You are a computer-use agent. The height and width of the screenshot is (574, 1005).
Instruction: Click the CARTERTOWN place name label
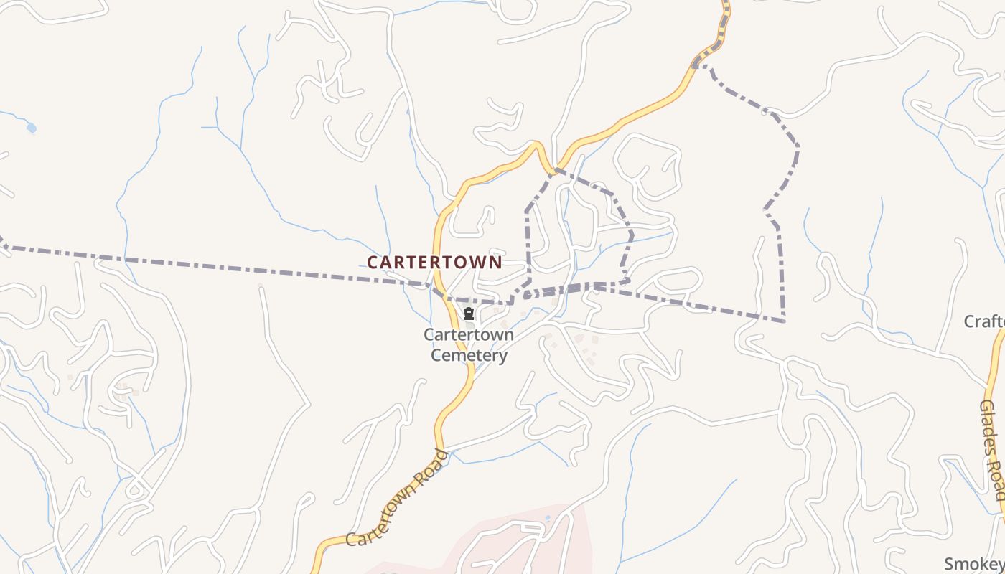click(434, 263)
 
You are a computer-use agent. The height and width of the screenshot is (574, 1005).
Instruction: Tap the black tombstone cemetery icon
click(469, 314)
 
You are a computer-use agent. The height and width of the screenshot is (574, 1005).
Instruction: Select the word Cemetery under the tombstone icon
click(469, 355)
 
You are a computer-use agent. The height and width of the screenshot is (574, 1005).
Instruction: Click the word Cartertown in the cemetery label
click(469, 334)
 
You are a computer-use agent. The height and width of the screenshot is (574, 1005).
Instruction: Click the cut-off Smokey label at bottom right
click(974, 563)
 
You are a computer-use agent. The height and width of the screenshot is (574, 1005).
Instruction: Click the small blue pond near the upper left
click(31, 128)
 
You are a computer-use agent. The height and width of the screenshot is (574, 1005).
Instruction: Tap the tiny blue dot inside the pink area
click(548, 517)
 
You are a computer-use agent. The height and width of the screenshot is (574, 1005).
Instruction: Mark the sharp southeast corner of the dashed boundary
click(783, 320)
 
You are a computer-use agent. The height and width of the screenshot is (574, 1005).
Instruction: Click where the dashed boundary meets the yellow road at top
click(696, 65)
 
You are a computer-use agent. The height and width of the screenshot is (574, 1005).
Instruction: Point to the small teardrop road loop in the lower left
click(134, 491)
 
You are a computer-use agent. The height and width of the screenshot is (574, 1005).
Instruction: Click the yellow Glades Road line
click(999, 359)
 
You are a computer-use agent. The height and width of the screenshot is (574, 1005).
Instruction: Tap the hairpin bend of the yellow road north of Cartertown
click(535, 146)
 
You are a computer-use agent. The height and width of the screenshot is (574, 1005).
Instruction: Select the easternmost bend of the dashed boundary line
click(798, 149)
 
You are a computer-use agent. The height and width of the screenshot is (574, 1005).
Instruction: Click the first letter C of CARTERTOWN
click(373, 263)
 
